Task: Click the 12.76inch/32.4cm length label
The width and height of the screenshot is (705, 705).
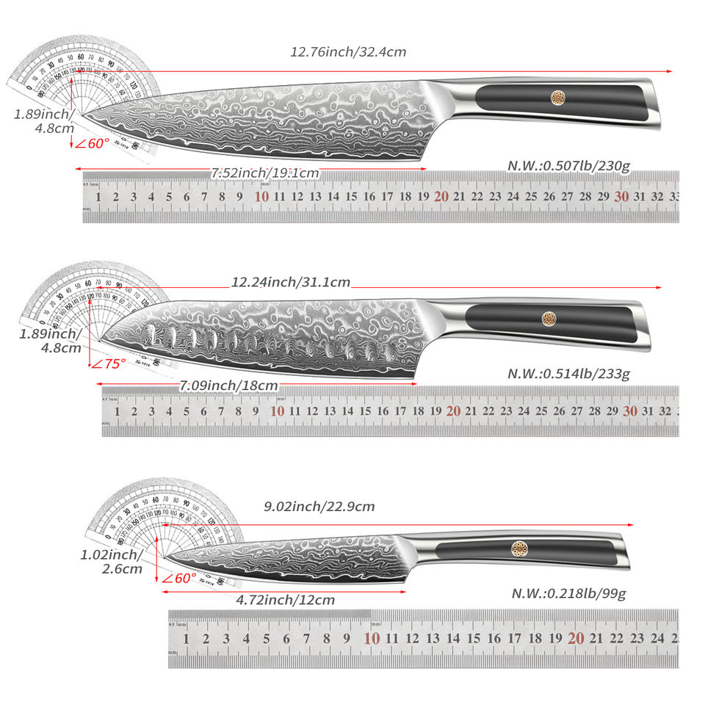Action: pos(348,52)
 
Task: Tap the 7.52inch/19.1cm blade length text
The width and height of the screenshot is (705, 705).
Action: pos(265,173)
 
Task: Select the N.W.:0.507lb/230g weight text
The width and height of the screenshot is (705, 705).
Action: pos(568,166)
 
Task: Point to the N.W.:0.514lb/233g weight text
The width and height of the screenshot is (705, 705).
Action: pos(568,374)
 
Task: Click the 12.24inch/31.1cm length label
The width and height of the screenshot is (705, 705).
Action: pos(291,281)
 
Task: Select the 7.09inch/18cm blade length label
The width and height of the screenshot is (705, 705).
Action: pos(228,385)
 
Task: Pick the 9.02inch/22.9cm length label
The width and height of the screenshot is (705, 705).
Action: pos(319,506)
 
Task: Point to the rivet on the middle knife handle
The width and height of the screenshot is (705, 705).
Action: pos(549,317)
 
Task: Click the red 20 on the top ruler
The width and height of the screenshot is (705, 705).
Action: pos(441,197)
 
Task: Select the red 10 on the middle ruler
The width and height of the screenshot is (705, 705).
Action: pos(277,411)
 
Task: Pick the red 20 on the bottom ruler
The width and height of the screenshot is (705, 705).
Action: pos(575,638)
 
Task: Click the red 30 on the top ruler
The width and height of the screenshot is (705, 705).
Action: pos(621,197)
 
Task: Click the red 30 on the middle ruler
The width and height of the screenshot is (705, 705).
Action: pos(629,411)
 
